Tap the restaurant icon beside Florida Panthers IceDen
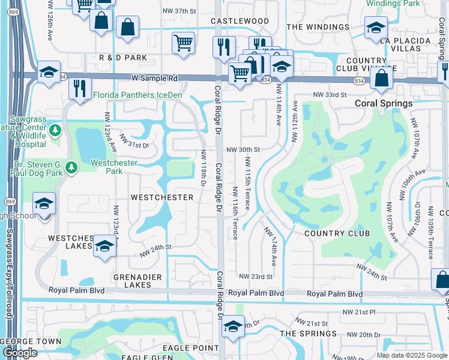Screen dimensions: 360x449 [80, 88]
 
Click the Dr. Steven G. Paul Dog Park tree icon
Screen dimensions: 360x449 [72, 166]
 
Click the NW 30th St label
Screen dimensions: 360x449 [243, 149]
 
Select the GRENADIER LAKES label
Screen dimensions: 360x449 [131, 281]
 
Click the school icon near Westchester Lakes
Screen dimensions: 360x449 [104, 246]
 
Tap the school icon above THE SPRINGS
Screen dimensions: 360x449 [233, 326]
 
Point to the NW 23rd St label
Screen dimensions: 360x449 [256, 277]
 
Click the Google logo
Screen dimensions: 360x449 [20, 353]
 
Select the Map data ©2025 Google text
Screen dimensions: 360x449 [412, 355]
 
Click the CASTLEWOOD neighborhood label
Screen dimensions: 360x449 [240, 21]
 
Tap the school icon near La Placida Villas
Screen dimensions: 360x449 [376, 28]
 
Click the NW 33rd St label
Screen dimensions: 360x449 [330, 95]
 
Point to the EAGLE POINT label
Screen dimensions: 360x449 [193, 348]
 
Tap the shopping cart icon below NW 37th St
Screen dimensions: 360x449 [183, 43]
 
